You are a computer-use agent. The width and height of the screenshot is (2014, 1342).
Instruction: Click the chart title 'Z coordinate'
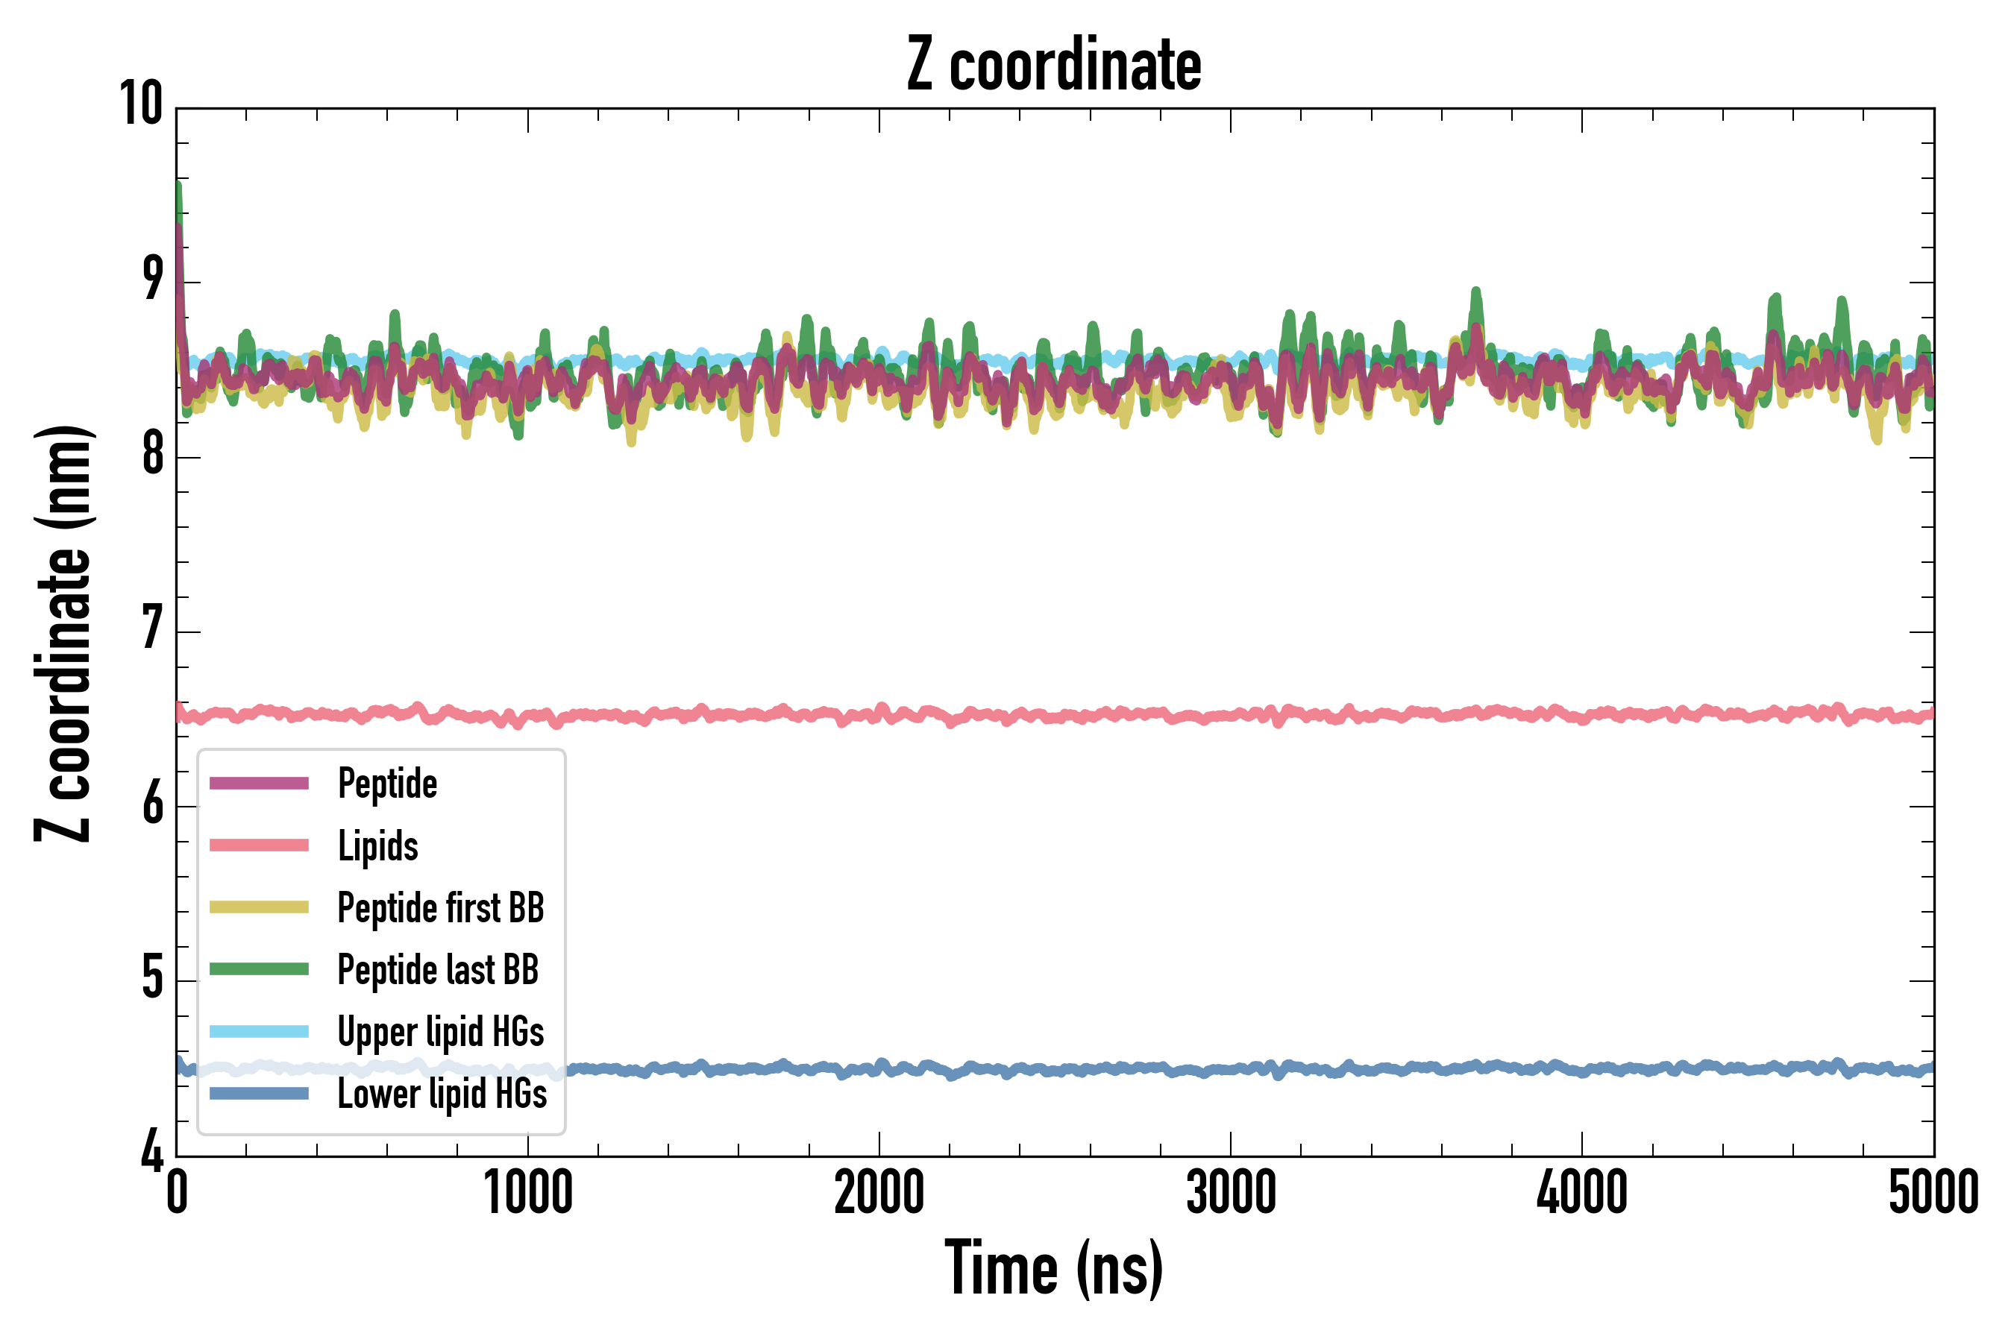click(1054, 65)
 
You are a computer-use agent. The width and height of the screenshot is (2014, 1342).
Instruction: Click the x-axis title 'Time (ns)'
click(1054, 1268)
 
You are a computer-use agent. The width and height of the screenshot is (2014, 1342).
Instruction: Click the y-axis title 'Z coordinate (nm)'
click(63, 633)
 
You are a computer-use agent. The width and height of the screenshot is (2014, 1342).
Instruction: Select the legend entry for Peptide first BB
click(440, 907)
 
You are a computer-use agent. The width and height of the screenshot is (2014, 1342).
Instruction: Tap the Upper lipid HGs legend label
click(440, 1031)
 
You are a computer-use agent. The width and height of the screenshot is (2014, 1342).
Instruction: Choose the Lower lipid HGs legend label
click(442, 1093)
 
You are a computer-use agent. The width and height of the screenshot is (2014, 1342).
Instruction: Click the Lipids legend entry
click(377, 845)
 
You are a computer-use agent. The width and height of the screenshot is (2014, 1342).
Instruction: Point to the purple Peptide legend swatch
click(259, 783)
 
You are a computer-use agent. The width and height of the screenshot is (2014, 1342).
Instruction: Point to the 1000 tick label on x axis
click(528, 1192)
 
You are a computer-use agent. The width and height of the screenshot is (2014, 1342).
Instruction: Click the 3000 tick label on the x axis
click(1231, 1192)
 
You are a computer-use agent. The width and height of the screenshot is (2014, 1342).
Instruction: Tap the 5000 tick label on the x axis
click(1933, 1192)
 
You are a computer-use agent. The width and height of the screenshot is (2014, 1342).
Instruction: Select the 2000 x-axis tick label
click(879, 1192)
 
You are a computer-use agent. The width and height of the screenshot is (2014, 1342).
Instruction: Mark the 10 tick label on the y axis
click(140, 104)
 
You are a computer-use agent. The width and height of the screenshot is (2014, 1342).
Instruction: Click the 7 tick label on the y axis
click(152, 629)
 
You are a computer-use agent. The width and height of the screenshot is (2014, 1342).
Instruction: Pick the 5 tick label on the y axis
click(152, 977)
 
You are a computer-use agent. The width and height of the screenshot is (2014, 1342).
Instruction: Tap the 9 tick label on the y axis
click(152, 279)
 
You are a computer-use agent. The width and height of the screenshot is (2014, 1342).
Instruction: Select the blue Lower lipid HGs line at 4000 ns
click(1581, 1070)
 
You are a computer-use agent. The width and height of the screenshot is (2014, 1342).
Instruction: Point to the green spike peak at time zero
click(178, 185)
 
